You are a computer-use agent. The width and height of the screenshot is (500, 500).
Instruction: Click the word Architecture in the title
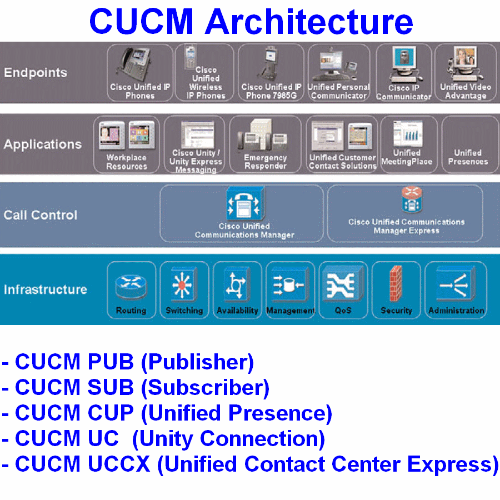309,22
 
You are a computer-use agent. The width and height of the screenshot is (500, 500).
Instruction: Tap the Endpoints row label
36,72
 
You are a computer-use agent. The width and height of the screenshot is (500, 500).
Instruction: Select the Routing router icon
131,286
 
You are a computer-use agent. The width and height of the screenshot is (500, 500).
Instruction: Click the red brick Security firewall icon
396,283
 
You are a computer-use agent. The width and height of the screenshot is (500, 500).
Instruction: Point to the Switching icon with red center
183,284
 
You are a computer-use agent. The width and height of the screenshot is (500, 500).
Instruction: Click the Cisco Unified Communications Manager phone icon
245,203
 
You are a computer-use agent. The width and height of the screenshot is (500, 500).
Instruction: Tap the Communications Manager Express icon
411,199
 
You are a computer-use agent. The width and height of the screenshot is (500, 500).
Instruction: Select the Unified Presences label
468,157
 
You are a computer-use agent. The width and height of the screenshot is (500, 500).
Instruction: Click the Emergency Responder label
266,162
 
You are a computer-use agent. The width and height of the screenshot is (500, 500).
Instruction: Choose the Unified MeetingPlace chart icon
408,133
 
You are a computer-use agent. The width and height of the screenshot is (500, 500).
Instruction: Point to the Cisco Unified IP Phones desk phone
134,64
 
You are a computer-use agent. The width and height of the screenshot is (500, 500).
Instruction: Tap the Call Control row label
40,215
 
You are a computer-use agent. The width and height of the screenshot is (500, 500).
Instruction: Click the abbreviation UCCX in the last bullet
119,464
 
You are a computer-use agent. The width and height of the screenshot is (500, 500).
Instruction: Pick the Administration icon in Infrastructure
455,284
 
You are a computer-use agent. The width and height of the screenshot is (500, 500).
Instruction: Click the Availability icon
236,284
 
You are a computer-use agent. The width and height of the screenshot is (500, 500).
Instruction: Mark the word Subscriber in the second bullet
206,387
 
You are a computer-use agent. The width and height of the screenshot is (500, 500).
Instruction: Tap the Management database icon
289,284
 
